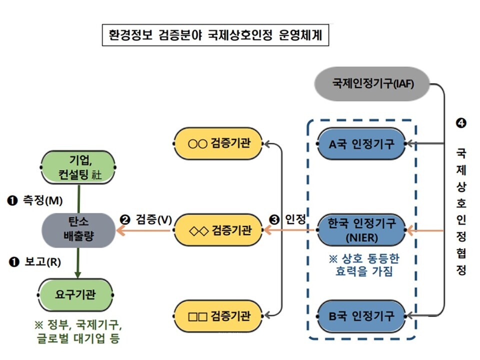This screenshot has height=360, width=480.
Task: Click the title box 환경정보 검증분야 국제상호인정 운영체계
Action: pos(215,35)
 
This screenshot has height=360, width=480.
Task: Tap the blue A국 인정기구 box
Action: pos(362,144)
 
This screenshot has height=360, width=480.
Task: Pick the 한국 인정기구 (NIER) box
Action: pos(362,230)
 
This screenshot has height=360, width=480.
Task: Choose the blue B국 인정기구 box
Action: pos(362,316)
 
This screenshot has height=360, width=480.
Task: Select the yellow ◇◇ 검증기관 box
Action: pos(218,230)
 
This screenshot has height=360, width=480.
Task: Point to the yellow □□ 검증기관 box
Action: pos(218,316)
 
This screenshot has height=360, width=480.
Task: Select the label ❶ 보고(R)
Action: pos(34,261)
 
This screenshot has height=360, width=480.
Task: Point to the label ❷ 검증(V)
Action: pos(146,219)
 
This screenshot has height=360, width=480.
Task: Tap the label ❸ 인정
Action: pos(287,219)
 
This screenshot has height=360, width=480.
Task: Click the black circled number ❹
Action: pos(461,123)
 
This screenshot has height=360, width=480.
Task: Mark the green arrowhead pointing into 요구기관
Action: pos(78,274)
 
